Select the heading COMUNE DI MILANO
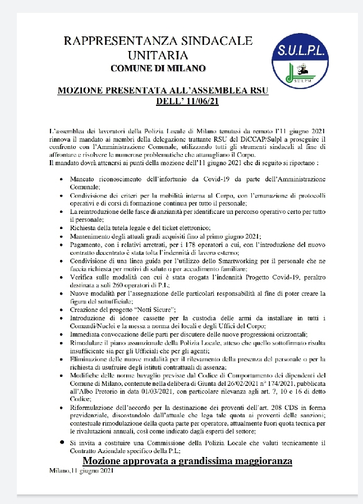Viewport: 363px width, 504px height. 158,68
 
